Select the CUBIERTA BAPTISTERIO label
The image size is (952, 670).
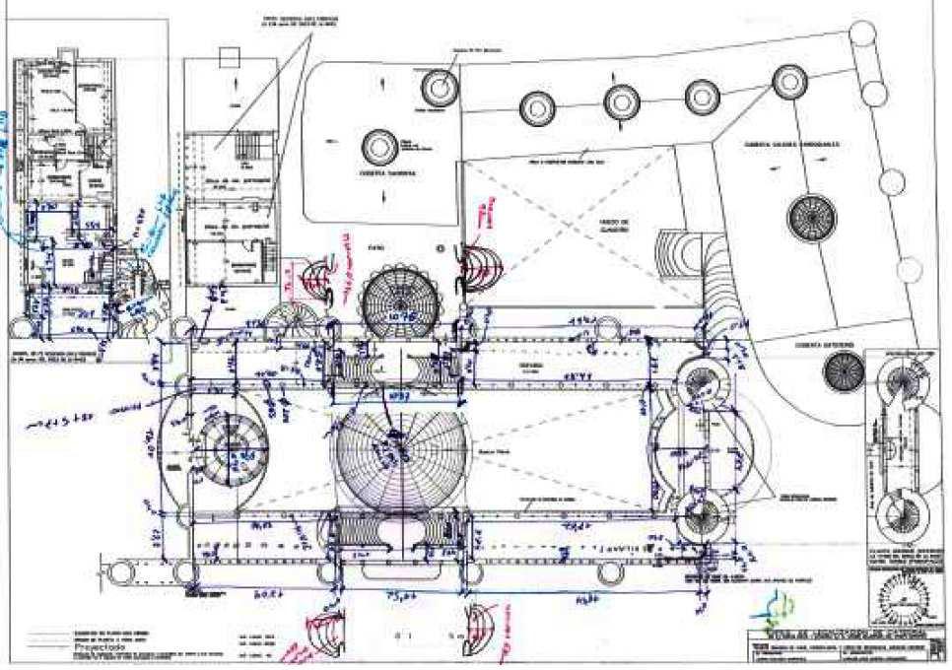(x=831, y=346)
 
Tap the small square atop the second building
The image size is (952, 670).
(x=230, y=57)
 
